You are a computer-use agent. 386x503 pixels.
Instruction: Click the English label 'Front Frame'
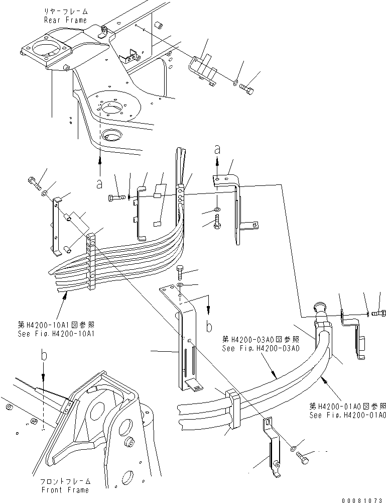(65, 490)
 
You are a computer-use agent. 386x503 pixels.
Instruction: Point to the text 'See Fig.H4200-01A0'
(348, 415)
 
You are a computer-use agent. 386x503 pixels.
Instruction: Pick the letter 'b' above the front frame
(44, 356)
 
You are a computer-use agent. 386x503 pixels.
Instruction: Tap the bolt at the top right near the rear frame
(246, 89)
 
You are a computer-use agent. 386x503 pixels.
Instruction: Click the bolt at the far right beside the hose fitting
(379, 314)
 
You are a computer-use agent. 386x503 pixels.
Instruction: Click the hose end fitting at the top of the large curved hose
(320, 309)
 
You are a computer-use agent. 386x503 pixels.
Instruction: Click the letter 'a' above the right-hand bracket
(217, 149)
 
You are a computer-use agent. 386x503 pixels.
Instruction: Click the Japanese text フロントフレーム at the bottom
(65, 481)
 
